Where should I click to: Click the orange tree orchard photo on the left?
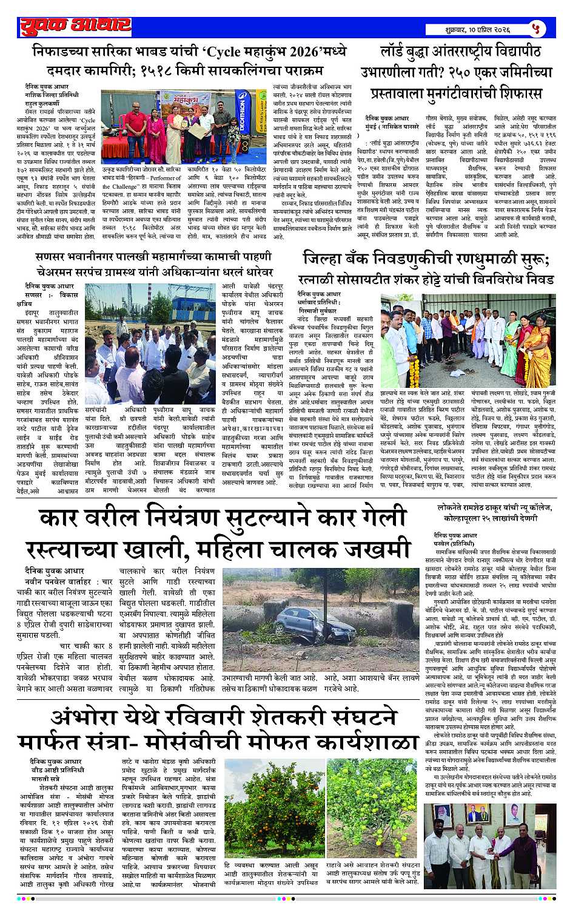[273, 807]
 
